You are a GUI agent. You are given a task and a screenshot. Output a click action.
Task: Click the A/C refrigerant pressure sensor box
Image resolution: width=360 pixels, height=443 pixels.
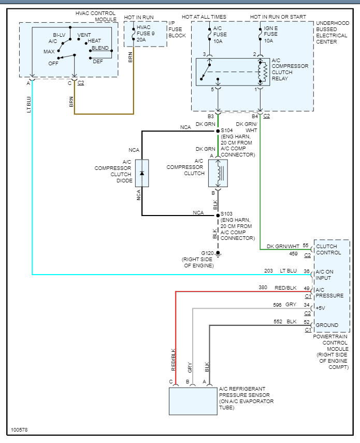[x=193, y=401]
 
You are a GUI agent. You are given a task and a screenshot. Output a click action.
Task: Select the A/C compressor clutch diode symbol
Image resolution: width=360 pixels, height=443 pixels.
[x=142, y=173]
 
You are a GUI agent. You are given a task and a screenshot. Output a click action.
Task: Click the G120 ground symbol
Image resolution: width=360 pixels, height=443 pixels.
[x=218, y=253]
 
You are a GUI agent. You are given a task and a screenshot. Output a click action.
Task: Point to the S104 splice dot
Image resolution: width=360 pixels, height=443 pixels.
[x=218, y=131]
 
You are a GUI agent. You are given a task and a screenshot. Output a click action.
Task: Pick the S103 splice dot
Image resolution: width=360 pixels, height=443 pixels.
[x=218, y=215]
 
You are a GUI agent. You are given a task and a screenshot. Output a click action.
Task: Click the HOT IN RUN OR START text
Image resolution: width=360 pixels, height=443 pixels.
[x=277, y=17]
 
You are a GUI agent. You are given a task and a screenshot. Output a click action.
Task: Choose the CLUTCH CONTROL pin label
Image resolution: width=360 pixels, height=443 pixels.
[x=328, y=250]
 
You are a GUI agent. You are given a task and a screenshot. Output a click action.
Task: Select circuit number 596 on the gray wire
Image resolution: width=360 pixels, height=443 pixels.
[x=278, y=305]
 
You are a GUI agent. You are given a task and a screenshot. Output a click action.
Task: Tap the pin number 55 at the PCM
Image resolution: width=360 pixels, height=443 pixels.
[x=306, y=246]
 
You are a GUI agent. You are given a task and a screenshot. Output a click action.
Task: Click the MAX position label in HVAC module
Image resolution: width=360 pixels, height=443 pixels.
[x=49, y=52]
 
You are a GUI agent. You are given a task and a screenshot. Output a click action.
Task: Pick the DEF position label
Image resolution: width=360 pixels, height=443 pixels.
[x=98, y=61]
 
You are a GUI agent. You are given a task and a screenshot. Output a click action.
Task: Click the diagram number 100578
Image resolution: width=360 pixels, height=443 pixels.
[x=19, y=430]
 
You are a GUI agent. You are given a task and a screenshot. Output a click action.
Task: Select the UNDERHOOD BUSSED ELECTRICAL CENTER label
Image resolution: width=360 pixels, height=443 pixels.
[x=333, y=33]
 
